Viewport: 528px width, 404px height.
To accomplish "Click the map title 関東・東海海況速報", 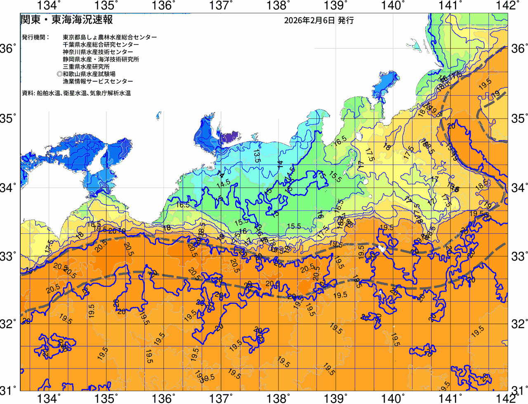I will tap(66, 20).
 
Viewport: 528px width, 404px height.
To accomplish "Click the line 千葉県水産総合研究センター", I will tap(101, 45).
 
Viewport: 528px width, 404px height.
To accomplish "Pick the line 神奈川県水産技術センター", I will tap(98, 52).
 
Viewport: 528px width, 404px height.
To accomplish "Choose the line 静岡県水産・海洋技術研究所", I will tap(101, 59).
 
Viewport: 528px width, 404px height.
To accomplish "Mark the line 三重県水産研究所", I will tap(86, 67).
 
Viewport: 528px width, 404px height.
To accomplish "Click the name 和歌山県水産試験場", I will tap(89, 74).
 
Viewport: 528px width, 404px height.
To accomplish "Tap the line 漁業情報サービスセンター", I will tap(98, 82).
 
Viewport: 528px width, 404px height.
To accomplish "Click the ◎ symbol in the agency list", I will tap(59, 74).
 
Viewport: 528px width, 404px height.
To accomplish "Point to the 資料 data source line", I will tap(76, 94).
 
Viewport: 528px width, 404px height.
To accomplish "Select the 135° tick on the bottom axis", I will tap(106, 398).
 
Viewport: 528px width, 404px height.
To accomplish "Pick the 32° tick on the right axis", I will tap(518, 324).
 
